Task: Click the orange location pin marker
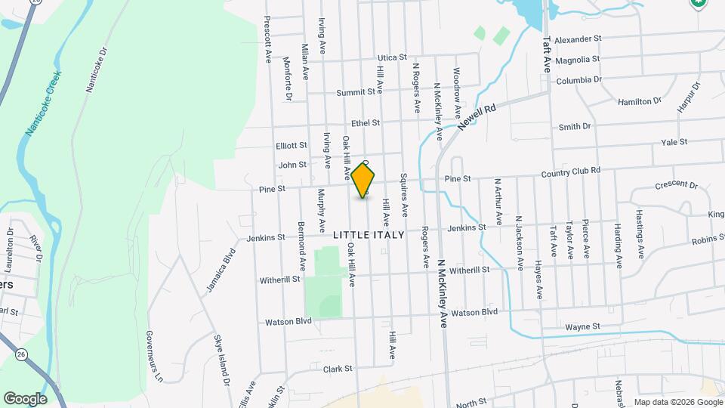[x=363, y=180]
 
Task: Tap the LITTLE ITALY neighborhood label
[x=369, y=235]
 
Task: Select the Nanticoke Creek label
[x=42, y=104]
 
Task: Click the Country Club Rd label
[x=570, y=172]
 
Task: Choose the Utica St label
[x=392, y=57]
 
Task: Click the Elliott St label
[x=292, y=145]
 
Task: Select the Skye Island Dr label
[x=221, y=360]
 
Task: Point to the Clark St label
[x=338, y=369]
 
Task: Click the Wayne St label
[x=582, y=326]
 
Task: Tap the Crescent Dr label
[x=676, y=184]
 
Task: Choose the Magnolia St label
[x=577, y=59]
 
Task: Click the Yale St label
[x=674, y=142]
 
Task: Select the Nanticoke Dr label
[x=97, y=71]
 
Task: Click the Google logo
[x=25, y=398]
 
